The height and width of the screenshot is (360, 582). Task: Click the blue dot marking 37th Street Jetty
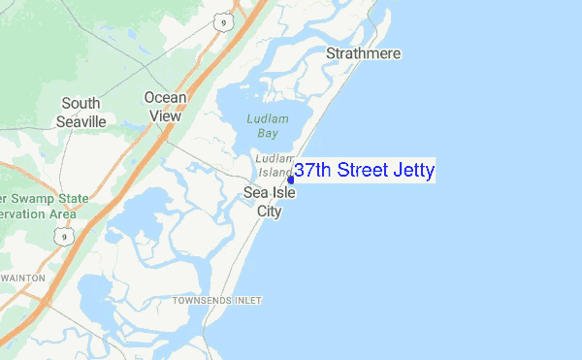pyautogui.click(x=291, y=179)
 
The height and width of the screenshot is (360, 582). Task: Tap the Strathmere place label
pyautogui.click(x=364, y=53)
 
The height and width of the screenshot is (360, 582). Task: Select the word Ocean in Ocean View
pyautogui.click(x=165, y=97)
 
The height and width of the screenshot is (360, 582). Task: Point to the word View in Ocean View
pyautogui.click(x=165, y=115)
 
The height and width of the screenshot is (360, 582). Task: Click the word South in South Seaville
pyautogui.click(x=80, y=103)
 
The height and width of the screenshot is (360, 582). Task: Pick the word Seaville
pyautogui.click(x=80, y=121)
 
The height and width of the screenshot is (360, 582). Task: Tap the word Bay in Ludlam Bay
pyautogui.click(x=267, y=134)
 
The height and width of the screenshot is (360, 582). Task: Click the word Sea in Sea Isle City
pyautogui.click(x=254, y=193)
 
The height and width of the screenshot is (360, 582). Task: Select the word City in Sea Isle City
pyautogui.click(x=269, y=211)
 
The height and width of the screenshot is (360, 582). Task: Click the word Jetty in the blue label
pyautogui.click(x=414, y=171)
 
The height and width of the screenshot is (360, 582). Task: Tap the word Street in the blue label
pyautogui.click(x=364, y=171)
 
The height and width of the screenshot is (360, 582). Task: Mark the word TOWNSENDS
pyautogui.click(x=203, y=301)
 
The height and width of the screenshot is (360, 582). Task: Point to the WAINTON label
pyautogui.click(x=23, y=278)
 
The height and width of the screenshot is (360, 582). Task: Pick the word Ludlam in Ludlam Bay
pyautogui.click(x=267, y=118)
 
